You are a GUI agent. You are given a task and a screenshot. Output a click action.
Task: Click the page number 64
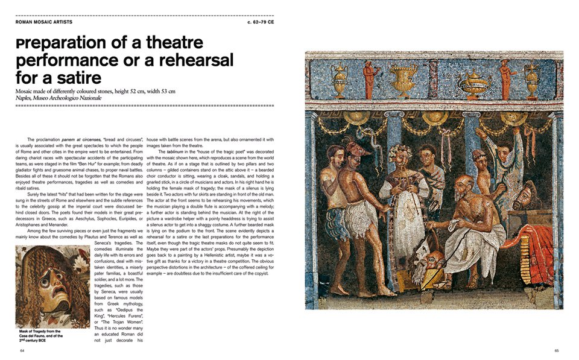[x=22, y=350]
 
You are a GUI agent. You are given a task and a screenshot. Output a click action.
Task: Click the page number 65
[x=557, y=350]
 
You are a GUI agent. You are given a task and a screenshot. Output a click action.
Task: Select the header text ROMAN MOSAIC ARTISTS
[x=44, y=22]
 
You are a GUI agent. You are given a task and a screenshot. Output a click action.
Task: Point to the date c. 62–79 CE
[x=261, y=22]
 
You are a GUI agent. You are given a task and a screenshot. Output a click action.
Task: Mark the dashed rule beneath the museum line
[x=145, y=106]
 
